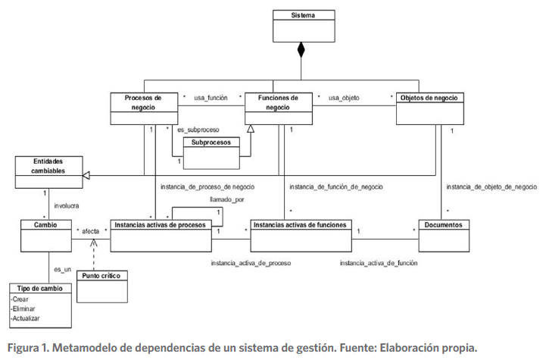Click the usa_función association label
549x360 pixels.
coord(212,98)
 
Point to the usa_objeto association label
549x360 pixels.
coord(344,98)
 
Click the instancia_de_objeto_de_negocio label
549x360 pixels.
coord(491,186)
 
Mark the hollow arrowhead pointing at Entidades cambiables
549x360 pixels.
coord(86,175)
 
